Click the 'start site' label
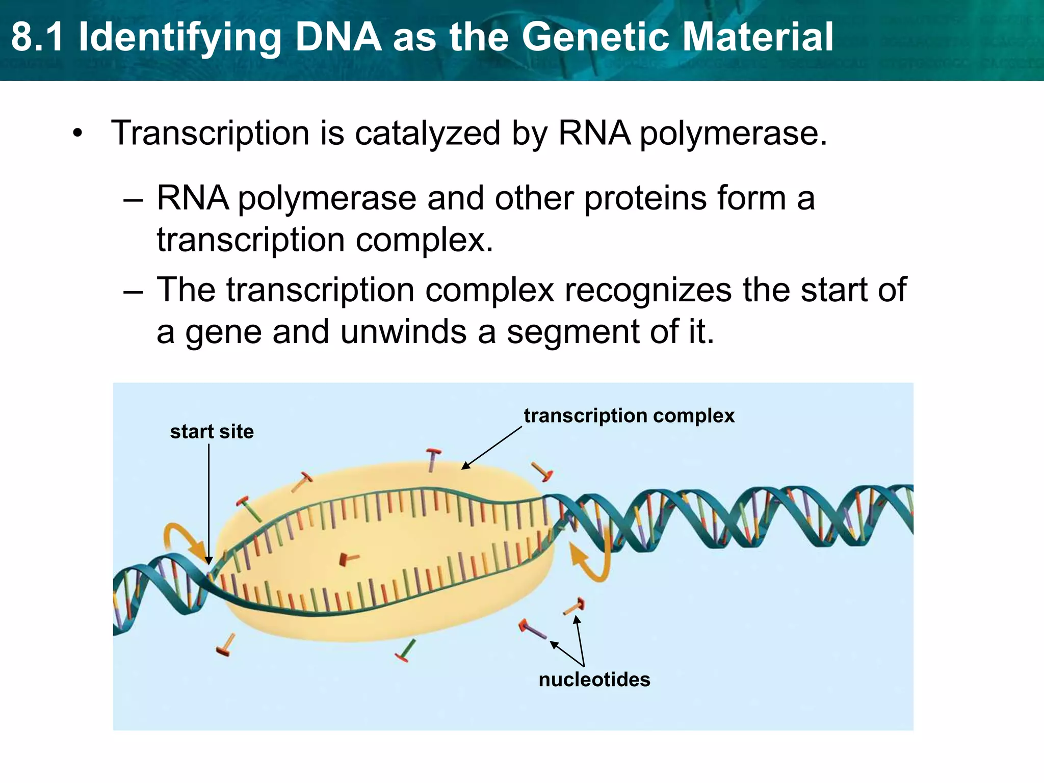212,432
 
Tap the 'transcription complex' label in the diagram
629,416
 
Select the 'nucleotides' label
594,680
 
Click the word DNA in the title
338,37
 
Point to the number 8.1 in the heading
38,37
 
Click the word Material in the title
758,37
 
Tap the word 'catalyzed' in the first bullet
427,134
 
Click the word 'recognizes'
648,290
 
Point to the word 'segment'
573,332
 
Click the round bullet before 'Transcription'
77,134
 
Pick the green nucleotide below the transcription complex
406,651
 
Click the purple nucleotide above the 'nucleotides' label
532,630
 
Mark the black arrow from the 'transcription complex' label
492,447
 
